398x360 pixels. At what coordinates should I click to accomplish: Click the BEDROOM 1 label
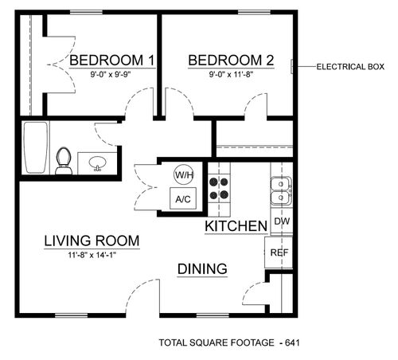(x=111, y=61)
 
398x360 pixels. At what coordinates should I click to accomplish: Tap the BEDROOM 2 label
(x=231, y=61)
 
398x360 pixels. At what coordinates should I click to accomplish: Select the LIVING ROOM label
(x=92, y=241)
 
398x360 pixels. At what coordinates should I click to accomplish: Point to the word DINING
(x=203, y=268)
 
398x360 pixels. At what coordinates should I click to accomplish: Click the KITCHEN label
(x=236, y=227)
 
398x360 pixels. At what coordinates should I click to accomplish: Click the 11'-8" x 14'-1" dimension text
(x=92, y=255)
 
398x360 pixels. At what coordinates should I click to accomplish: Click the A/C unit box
(x=183, y=198)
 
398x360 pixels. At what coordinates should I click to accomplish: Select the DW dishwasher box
(x=280, y=221)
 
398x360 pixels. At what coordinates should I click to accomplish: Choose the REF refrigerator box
(x=279, y=253)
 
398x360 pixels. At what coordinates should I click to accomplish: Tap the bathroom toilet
(x=65, y=160)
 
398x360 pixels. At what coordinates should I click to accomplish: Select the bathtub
(x=33, y=148)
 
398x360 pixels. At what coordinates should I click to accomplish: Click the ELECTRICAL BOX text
(x=350, y=66)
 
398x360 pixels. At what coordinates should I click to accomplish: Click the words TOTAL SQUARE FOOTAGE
(x=213, y=343)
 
